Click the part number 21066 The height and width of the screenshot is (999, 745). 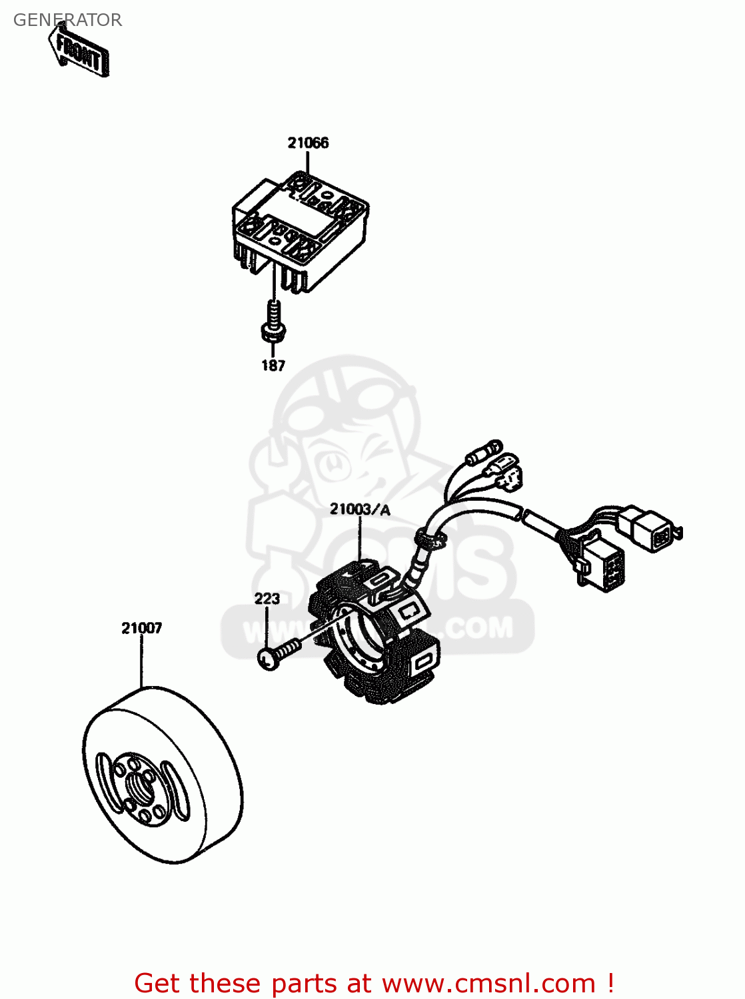point(308,143)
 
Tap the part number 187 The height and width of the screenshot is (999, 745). point(273,365)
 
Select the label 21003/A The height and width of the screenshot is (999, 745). point(360,509)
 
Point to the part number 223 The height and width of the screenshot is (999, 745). point(267,598)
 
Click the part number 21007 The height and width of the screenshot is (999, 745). point(141,627)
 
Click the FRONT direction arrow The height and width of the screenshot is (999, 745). point(79,51)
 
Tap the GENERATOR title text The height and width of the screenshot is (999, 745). point(67,20)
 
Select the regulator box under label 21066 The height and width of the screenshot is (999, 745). point(300,230)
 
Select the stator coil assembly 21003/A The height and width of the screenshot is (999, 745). point(376,633)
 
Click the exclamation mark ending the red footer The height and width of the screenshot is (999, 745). point(610,983)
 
